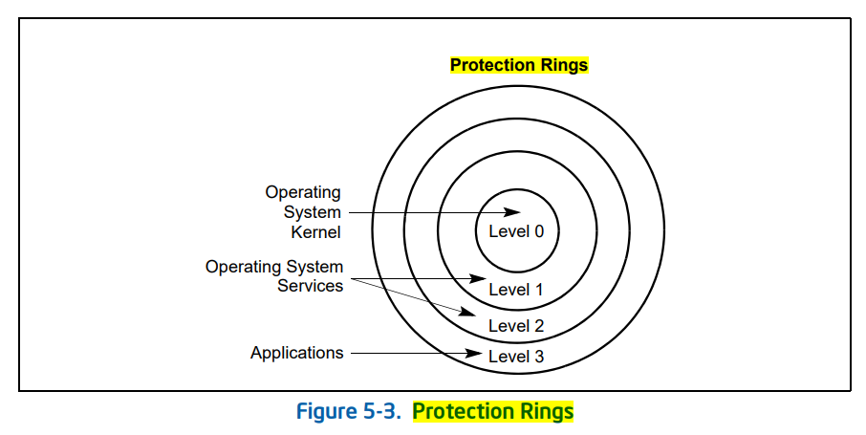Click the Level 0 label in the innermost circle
point(516,230)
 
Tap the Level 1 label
point(516,289)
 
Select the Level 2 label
point(516,326)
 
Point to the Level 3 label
point(516,357)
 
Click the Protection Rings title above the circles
point(519,66)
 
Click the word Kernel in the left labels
point(315,231)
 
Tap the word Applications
point(296,353)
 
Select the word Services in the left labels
point(310,286)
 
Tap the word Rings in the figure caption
point(547,412)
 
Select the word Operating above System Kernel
point(302,192)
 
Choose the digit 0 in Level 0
point(538,230)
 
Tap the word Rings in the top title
point(565,66)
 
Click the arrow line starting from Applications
point(411,354)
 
